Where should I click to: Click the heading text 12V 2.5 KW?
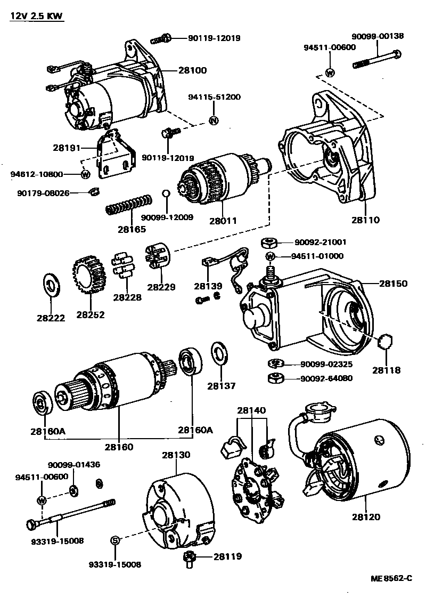pos(36,17)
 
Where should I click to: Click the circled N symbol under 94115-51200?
pos(213,120)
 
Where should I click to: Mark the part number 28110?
pos(366,220)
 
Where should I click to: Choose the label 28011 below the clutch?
pos(223,220)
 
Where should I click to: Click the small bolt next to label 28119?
pos(189,558)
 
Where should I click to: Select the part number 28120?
pos(365,516)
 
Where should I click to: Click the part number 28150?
pos(394,284)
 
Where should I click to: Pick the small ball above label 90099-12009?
pos(166,193)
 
